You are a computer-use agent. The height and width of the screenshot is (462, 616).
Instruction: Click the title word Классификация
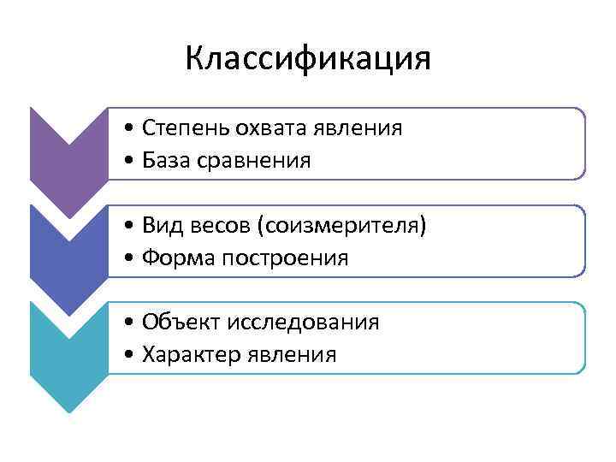(x=307, y=59)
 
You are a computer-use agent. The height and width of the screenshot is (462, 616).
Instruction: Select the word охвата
(x=267, y=128)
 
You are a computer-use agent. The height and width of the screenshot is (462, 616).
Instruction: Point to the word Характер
(x=190, y=354)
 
